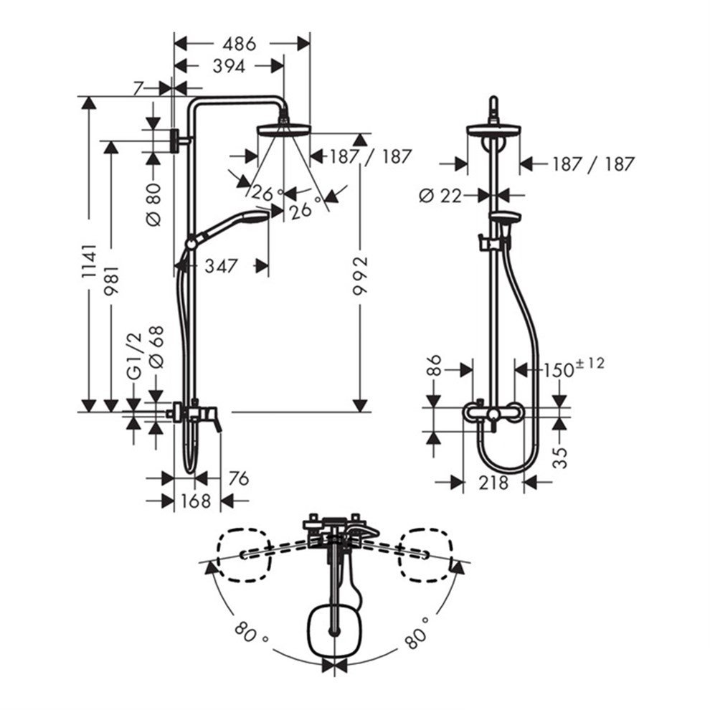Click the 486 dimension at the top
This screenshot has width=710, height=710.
(x=239, y=44)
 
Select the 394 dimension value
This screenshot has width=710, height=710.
(x=229, y=67)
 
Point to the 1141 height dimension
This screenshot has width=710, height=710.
(x=90, y=261)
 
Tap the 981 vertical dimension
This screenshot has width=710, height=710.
(x=111, y=280)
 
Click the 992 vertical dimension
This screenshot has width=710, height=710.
(x=361, y=276)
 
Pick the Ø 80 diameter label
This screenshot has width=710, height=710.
(x=154, y=204)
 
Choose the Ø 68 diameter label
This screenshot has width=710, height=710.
(x=156, y=347)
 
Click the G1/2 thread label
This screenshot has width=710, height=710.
(x=134, y=356)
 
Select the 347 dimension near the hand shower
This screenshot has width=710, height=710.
(x=221, y=266)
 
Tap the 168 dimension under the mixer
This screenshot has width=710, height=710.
(x=196, y=501)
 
